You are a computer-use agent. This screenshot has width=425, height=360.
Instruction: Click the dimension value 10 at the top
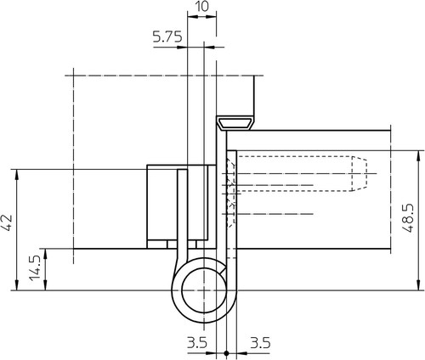tap(201, 6)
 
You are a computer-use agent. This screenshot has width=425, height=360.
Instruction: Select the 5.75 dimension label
tap(167, 37)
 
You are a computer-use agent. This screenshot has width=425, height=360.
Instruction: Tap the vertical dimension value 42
tap(7, 222)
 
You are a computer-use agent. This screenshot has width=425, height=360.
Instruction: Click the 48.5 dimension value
tap(408, 218)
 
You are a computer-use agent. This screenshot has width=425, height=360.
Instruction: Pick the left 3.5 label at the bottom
tap(197, 343)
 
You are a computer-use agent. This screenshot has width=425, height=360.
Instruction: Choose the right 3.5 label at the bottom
tap(260, 343)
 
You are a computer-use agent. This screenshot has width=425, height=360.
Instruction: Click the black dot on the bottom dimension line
tap(226, 353)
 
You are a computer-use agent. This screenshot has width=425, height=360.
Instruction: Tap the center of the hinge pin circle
tap(204, 290)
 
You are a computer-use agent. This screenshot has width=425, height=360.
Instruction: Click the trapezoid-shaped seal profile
tap(235, 123)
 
